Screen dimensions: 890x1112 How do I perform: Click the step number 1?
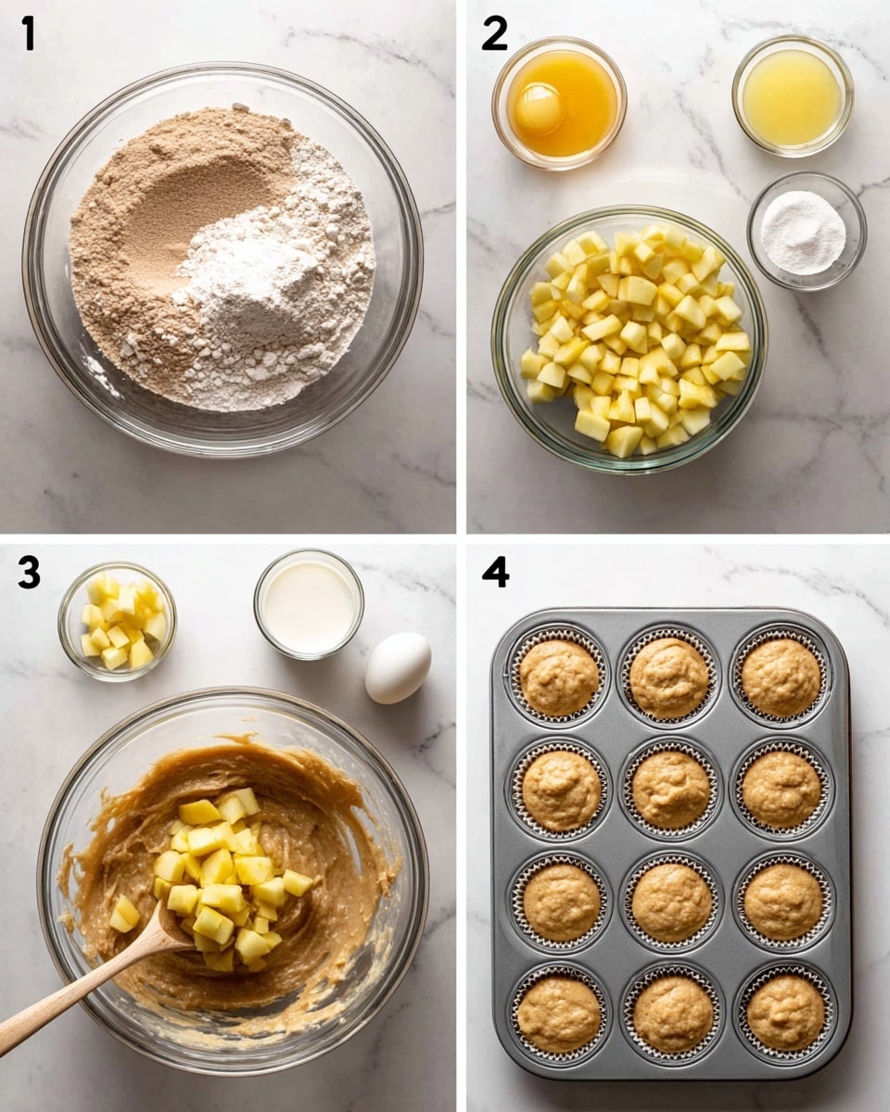click(29, 33)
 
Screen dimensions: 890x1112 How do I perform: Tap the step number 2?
click(494, 33)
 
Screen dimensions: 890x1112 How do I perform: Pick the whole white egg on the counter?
click(398, 667)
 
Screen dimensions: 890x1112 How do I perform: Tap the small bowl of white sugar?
click(807, 231)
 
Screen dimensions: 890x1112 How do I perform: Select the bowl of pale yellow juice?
click(793, 96)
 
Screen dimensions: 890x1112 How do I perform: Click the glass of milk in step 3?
click(309, 604)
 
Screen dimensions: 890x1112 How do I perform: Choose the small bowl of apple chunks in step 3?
click(118, 621)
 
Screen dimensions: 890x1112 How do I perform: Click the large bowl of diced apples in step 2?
click(629, 339)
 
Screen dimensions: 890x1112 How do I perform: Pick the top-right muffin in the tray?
click(781, 676)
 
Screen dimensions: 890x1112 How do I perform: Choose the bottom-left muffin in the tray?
click(559, 997)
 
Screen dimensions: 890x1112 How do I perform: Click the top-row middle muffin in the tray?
click(669, 677)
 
